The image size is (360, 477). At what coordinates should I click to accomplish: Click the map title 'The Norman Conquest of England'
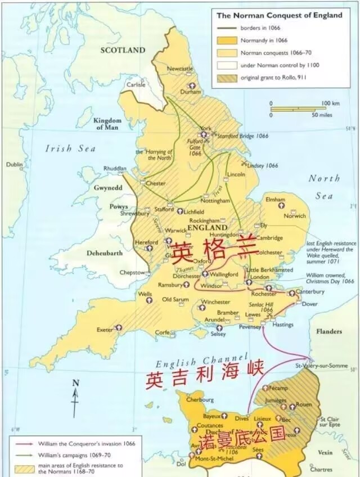coord(280,16)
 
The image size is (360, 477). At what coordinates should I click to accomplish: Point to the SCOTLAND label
coord(123,50)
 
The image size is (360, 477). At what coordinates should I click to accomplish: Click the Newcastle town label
coord(180,69)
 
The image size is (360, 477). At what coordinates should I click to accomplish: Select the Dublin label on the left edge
coord(14,164)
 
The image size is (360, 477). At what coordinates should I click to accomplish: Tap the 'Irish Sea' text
coord(71,148)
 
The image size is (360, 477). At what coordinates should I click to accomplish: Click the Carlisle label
coord(136,85)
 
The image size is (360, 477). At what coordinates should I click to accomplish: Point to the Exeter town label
coord(105,328)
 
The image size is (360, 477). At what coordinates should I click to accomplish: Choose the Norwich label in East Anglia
coord(295,216)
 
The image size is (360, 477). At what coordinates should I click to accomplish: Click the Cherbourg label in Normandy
coord(200,400)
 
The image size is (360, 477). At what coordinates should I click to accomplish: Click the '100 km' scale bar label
coord(331,103)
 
